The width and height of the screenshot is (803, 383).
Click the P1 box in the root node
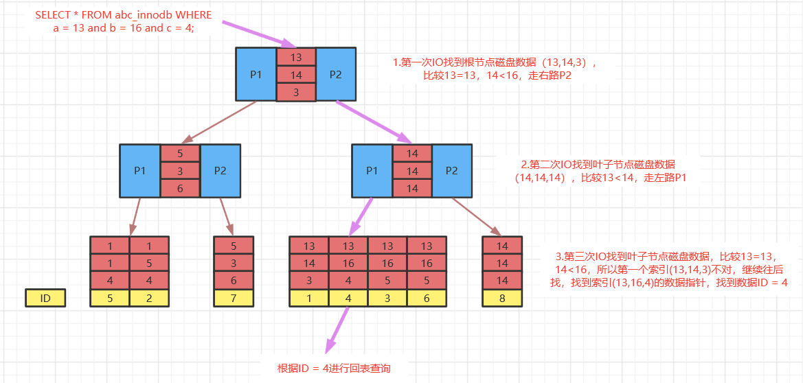coord(256,75)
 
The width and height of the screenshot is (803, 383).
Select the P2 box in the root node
coord(335,75)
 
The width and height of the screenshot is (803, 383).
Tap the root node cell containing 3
coord(296,92)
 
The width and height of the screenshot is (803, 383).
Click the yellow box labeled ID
coord(45,298)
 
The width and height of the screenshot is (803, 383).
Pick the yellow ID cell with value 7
coord(233,298)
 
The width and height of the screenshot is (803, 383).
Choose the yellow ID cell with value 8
coord(502,298)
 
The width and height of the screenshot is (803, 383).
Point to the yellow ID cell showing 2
coord(149,298)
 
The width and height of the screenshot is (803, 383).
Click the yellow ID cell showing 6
coord(427,298)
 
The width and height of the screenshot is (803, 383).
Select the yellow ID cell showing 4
coord(348,298)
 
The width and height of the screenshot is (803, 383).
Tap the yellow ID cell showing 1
coord(309,298)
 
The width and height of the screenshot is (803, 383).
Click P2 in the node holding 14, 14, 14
coord(451,171)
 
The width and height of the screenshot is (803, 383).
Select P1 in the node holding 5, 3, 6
coord(139,171)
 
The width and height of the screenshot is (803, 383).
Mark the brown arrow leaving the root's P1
coord(219,122)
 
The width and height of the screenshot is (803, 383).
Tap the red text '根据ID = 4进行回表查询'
coord(334,369)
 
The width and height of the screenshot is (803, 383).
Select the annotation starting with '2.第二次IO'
coord(598,172)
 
